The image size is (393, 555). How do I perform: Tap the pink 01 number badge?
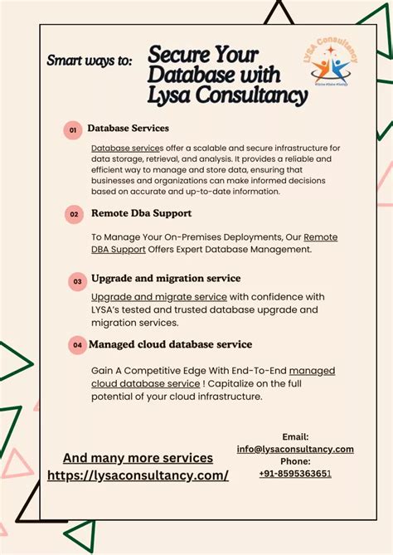[73, 130]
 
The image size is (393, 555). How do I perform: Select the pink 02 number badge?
[74, 214]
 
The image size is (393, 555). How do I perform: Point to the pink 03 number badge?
[77, 281]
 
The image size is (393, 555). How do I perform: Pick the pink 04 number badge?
[77, 344]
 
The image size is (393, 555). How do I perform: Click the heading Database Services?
[128, 129]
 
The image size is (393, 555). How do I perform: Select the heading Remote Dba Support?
[141, 213]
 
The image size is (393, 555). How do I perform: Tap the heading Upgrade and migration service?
[166, 278]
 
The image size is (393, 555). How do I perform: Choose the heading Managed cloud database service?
[171, 344]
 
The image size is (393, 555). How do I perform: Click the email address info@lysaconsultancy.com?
[295, 449]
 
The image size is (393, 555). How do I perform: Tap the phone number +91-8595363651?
[294, 474]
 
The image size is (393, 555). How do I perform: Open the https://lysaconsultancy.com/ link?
[138, 475]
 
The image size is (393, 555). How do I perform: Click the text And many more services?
[138, 458]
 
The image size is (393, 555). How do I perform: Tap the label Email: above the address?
[295, 436]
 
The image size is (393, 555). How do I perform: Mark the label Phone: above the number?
[295, 461]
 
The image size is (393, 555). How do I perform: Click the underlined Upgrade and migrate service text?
[158, 297]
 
